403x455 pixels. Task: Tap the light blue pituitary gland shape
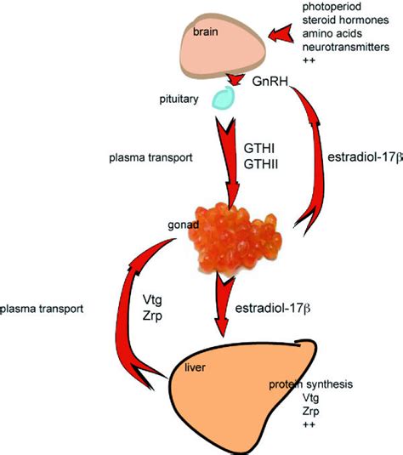click(223, 98)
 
